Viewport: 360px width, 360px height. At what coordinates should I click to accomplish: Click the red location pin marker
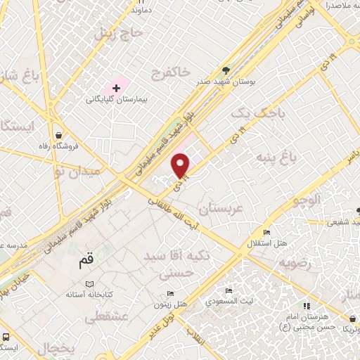[181, 165]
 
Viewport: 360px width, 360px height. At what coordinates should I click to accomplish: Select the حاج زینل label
[94, 32]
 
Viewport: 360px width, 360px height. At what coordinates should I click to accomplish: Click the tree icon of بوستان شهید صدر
[226, 70]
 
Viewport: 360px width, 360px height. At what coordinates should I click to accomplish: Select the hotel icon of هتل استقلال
[266, 233]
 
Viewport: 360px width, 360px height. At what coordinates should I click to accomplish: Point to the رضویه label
[295, 264]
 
